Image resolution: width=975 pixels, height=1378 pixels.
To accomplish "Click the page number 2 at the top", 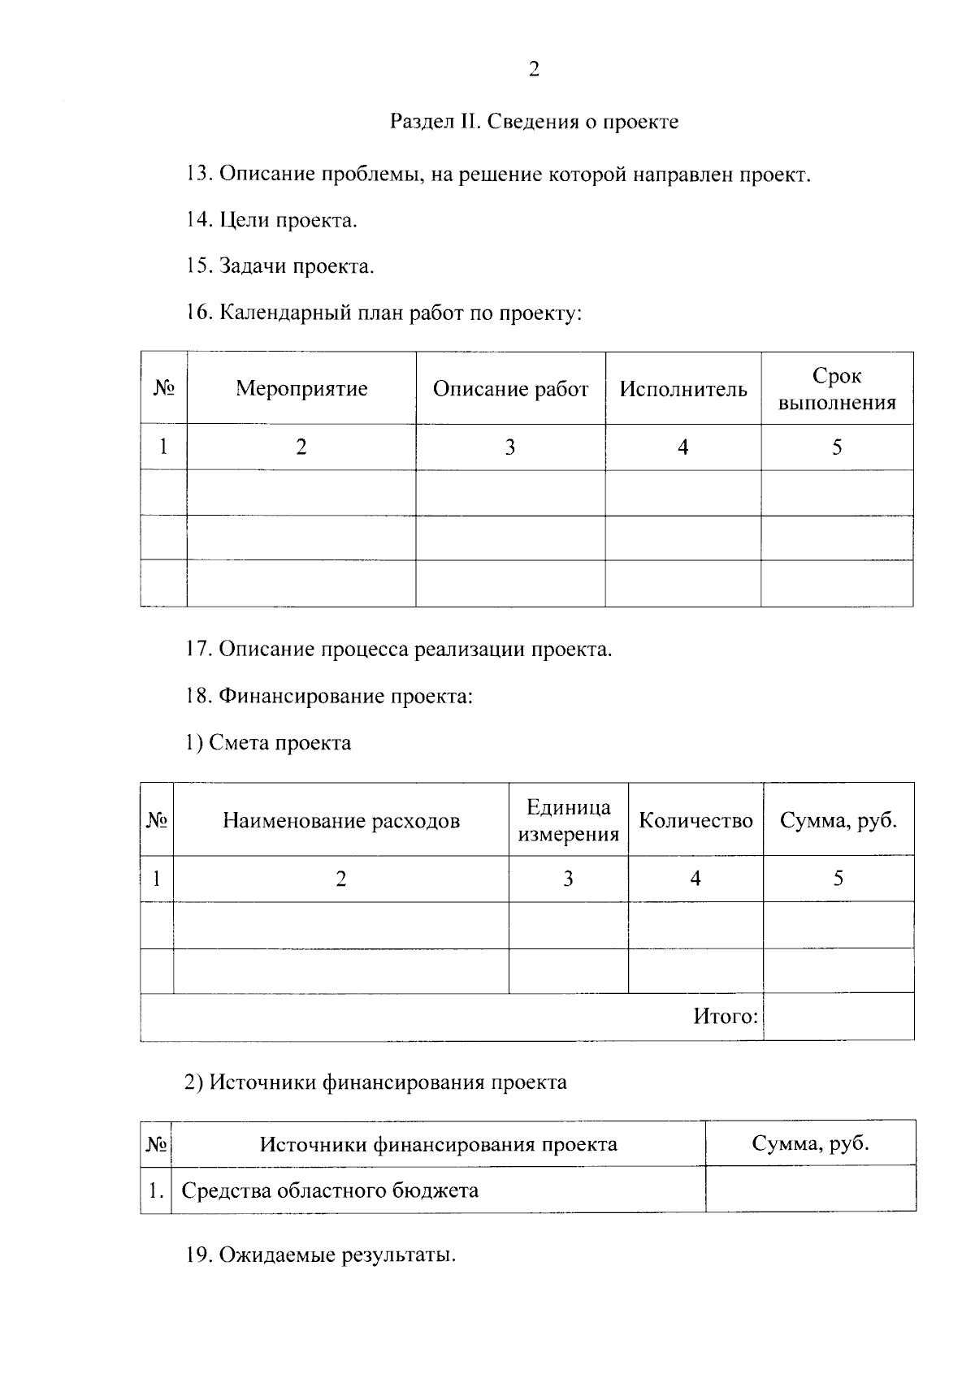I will coord(534,70).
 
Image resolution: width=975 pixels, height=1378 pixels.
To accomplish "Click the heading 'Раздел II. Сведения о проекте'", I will coord(534,123).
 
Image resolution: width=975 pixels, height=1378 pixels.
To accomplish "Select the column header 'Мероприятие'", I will coord(301,389).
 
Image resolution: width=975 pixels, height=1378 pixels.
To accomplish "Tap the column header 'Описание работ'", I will coord(510,389).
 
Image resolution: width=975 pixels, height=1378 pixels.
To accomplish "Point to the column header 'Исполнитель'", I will coord(683,389).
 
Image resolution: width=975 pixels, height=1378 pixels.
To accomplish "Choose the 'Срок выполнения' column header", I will coord(837,389).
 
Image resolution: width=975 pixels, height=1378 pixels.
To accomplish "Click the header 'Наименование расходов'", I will coord(341,821).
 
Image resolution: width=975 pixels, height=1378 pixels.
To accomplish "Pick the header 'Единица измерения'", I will coord(569,821).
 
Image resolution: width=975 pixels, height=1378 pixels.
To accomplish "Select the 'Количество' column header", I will coord(695,821).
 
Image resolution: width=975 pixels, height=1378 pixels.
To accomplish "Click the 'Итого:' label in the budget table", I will coord(726,1017).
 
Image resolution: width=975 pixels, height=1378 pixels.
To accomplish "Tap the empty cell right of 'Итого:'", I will coord(838,1017).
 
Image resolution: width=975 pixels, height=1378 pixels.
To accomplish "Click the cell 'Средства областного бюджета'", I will coord(330,1191).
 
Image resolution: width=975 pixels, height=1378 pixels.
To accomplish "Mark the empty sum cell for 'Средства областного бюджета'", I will coord(810,1190).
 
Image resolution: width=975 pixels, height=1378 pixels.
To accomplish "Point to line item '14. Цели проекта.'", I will coord(271,221).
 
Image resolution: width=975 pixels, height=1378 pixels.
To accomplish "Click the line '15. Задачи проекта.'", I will coord(280,267).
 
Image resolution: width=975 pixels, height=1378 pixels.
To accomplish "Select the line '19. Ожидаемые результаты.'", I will coord(321,1255).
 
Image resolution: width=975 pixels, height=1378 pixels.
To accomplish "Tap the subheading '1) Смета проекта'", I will coord(268,743).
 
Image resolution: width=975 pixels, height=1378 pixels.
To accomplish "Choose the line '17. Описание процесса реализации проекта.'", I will coord(399,650).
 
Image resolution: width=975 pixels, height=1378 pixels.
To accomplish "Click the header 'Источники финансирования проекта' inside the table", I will coord(438,1145).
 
